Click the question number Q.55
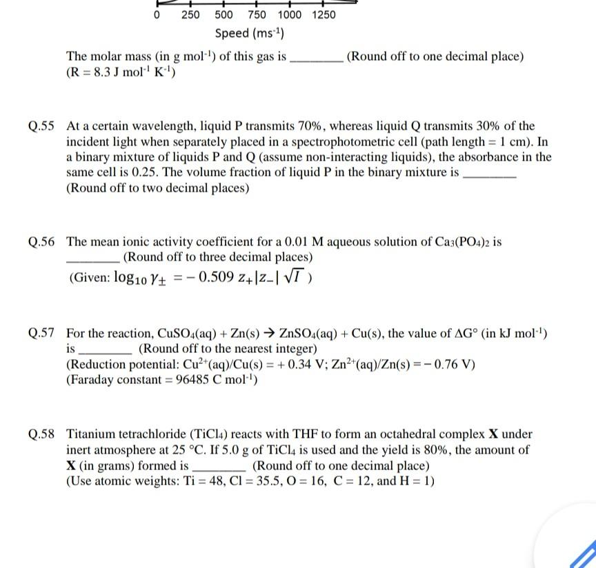[x=41, y=127]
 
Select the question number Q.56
[x=41, y=242]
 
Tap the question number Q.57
[x=41, y=334]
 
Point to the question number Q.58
[x=41, y=435]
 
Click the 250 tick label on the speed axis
[x=190, y=14]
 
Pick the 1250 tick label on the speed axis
[x=324, y=14]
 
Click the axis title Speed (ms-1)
[x=250, y=33]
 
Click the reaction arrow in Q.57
[x=240, y=334]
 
